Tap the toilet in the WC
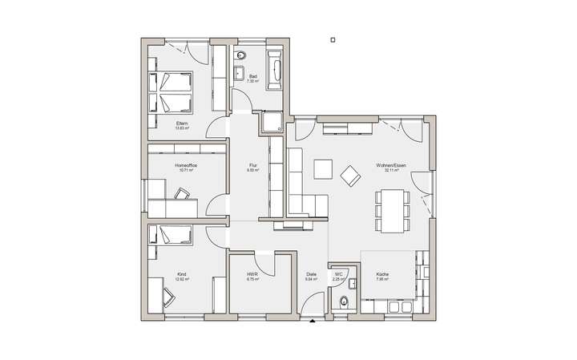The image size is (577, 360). pyautogui.click(x=344, y=301)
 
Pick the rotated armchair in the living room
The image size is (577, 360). pyautogui.click(x=350, y=174)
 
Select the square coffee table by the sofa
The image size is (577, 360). pyautogui.click(x=323, y=168)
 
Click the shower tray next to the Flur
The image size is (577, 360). pyautogui.click(x=270, y=122)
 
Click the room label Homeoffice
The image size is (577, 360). pyautogui.click(x=186, y=165)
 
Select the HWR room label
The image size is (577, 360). pyautogui.click(x=252, y=275)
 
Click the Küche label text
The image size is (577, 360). pyautogui.click(x=382, y=275)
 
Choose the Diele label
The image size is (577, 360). pyautogui.click(x=312, y=275)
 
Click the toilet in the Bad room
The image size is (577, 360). pyautogui.click(x=240, y=57)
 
